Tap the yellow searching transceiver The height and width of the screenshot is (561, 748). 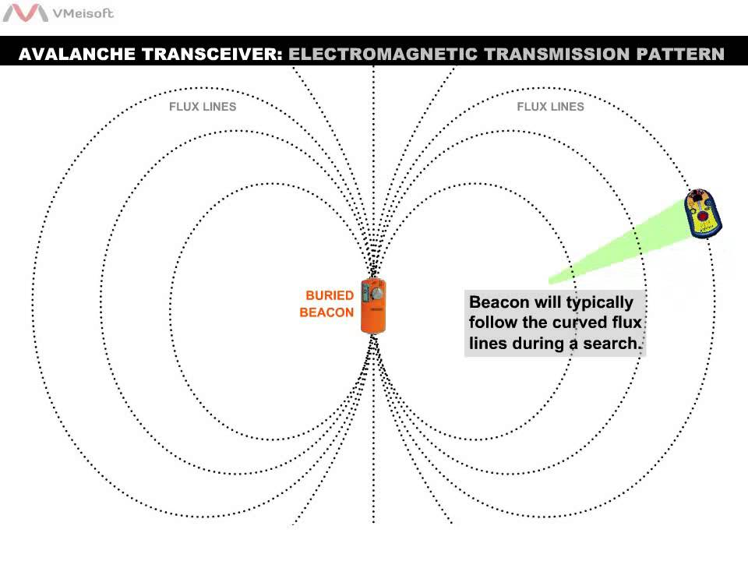pos(703,213)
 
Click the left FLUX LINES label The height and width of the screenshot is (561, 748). pos(203,107)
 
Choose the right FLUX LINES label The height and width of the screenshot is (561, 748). pos(550,107)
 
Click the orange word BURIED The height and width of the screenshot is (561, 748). pos(330,296)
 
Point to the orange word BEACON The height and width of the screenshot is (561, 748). pos(326,313)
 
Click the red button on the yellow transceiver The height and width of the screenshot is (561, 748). pos(703,215)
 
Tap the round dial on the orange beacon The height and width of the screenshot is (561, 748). pos(378,296)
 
